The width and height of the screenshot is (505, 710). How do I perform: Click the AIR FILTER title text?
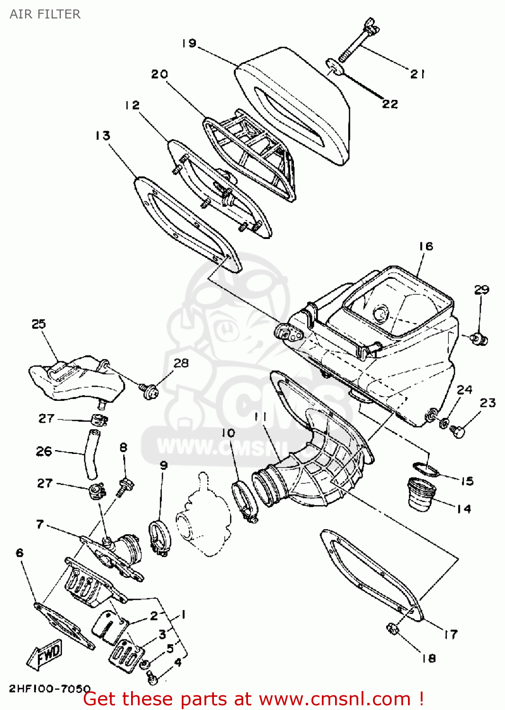[x=45, y=14]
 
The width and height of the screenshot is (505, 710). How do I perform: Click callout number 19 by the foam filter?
[x=189, y=43]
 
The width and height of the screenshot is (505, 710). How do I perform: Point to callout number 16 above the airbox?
[x=425, y=246]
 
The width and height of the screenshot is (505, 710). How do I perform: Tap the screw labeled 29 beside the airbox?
[x=480, y=339]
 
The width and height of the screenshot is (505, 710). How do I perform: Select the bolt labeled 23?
[x=458, y=431]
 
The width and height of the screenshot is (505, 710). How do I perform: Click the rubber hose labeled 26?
[x=91, y=454]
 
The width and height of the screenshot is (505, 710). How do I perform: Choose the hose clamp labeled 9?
[x=159, y=537]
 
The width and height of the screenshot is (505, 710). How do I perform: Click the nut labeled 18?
[x=392, y=629]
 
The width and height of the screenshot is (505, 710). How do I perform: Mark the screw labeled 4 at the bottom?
[x=151, y=677]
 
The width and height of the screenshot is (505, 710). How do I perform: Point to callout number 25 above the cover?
[x=39, y=324]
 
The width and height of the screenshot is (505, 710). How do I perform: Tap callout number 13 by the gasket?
[x=103, y=136]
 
